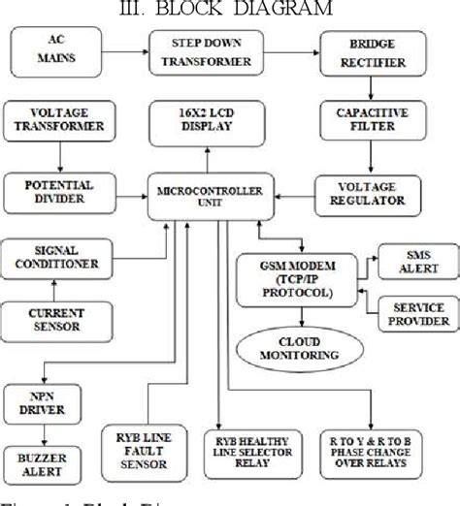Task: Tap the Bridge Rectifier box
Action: pyautogui.click(x=364, y=50)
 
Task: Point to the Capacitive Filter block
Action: pyautogui.click(x=364, y=126)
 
